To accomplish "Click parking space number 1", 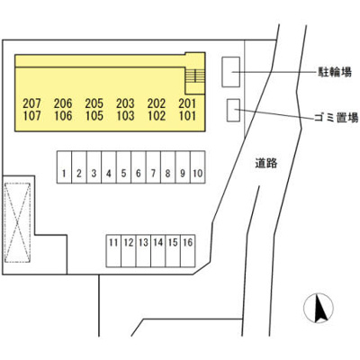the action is pos(65,167).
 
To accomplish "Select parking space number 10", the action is pos(198,167).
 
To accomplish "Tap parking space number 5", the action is pos(123,167).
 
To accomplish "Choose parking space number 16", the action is pos(188,251).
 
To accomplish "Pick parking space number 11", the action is pos(113,251).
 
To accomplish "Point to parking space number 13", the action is pos(143,251).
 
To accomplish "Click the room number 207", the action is pos(31,103).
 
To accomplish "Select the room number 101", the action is pos(187,116).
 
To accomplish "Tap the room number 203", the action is pos(125,103).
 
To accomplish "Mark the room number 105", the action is pos(94,116).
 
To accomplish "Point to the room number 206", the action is pos(63,103).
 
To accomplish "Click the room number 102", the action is pos(157,116).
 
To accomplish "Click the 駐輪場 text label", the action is pos(335,72).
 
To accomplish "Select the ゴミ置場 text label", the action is pos(337,118).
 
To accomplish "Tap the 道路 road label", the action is pos(266,164).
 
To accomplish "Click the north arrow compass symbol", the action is pos(319,308).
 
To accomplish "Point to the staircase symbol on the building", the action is pos(195,76).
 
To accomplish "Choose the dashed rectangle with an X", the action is pos(18,223).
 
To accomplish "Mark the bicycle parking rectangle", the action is pos(230,72).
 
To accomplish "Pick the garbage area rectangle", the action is pos(233,110).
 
